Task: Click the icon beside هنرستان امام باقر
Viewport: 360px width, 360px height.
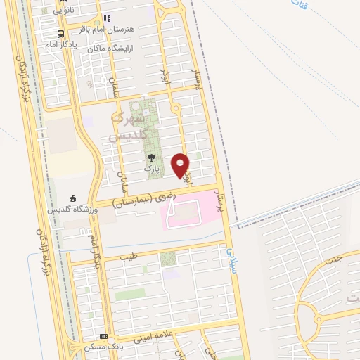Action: click(106, 18)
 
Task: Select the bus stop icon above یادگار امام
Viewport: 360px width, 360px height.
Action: click(62, 34)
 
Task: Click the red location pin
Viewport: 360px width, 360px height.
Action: click(181, 165)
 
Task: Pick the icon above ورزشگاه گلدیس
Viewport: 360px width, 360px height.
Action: click(73, 198)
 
